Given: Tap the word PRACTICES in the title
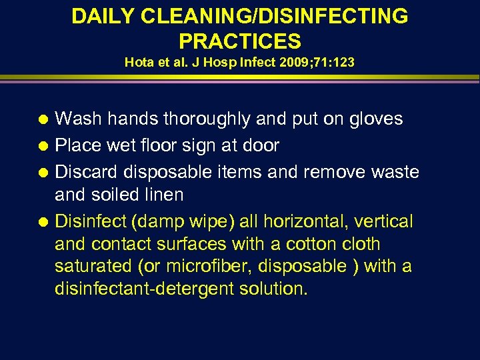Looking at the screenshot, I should (x=240, y=41).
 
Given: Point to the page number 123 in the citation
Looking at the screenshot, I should (x=345, y=63).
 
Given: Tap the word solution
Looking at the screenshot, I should (x=277, y=289).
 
